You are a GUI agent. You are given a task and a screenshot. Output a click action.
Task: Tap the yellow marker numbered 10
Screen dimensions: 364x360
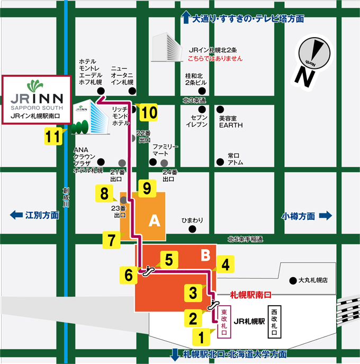point(149,112)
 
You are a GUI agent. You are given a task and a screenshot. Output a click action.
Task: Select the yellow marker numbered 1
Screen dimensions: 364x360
point(200,335)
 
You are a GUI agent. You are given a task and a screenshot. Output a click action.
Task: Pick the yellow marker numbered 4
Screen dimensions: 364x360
point(225,263)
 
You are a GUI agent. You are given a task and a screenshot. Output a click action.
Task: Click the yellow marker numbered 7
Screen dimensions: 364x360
point(111,240)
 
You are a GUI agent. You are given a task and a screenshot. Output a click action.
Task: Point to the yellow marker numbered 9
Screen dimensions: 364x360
point(147,187)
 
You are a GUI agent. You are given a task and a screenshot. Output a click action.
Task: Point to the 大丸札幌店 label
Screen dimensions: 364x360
point(313,280)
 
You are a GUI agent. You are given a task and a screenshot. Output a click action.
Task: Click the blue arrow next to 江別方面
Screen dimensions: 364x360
point(15,216)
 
